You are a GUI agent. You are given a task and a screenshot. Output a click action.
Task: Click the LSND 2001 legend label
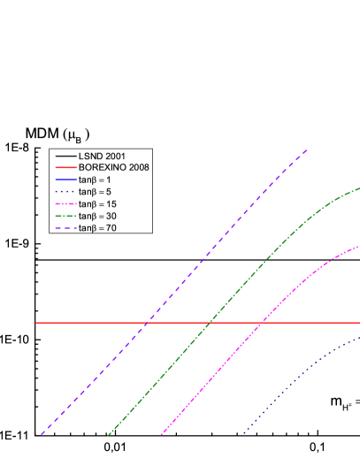98,155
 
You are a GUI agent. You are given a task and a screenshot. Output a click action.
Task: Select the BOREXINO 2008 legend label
113,167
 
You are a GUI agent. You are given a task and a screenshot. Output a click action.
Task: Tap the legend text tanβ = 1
98,180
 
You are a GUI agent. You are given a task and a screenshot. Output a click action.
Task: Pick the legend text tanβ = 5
98,192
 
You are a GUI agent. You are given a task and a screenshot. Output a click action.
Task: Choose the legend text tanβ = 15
100,204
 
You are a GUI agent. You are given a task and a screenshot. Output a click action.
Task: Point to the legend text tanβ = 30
100,216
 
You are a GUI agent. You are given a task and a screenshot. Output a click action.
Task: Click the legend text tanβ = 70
100,228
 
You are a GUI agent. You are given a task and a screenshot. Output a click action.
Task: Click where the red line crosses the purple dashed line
147,323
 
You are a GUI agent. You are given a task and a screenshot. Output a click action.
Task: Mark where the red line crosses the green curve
210,323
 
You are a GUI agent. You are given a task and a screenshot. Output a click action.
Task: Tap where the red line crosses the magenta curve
263,323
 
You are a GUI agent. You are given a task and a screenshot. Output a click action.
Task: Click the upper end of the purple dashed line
307,149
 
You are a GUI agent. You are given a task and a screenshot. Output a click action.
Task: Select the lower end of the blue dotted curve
243,434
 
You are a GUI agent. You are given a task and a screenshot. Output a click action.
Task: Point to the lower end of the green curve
108,435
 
